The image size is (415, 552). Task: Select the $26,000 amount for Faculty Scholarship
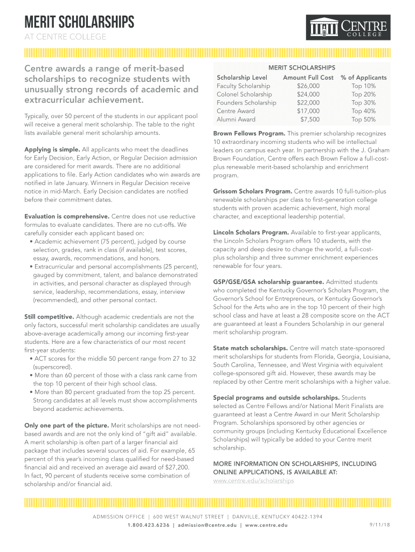308,86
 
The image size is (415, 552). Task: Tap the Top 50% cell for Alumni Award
364,120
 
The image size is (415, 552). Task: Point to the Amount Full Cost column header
308,78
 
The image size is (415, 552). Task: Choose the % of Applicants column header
364,78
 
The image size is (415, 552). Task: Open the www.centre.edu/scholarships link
254,480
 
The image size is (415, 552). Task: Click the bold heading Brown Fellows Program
249,133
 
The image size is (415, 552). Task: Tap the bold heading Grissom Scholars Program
253,191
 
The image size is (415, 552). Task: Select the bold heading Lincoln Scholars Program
252,232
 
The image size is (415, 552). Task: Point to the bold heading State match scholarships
251,348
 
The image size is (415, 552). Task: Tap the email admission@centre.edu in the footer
207,525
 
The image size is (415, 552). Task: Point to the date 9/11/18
379,525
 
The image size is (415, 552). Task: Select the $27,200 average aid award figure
174,467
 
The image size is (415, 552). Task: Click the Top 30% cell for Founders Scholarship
364,103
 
